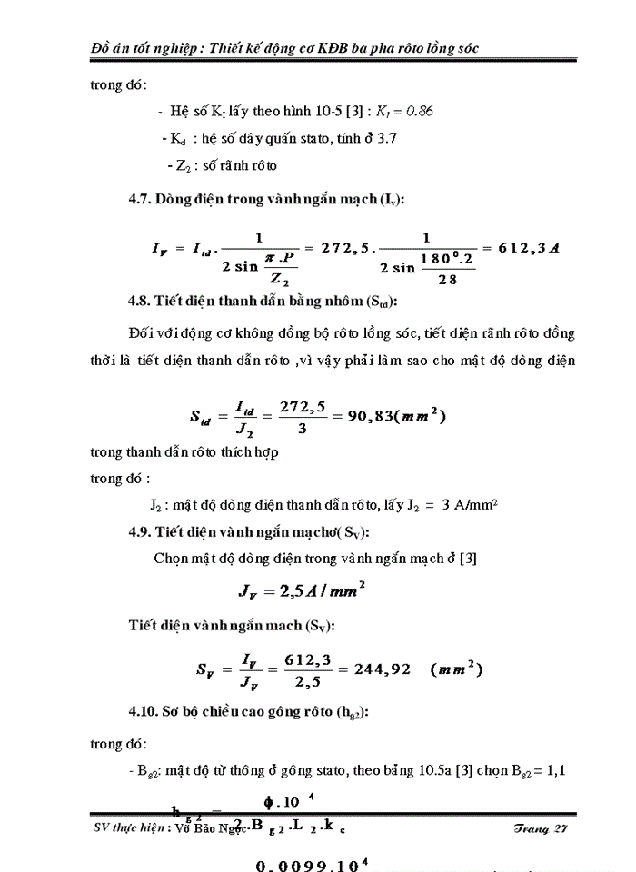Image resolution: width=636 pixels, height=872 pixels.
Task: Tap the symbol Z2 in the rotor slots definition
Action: pyautogui.click(x=175, y=165)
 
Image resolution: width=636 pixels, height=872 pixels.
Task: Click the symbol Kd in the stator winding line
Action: pyautogui.click(x=173, y=138)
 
